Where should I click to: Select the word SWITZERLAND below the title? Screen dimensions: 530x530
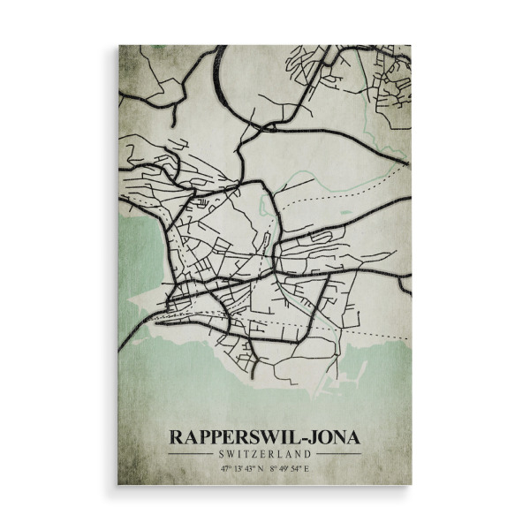(264, 453)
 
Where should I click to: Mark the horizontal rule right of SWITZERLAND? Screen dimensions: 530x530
(339, 454)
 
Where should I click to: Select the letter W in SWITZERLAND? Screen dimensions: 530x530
(229, 453)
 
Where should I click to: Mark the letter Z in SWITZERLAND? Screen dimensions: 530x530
(253, 453)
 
